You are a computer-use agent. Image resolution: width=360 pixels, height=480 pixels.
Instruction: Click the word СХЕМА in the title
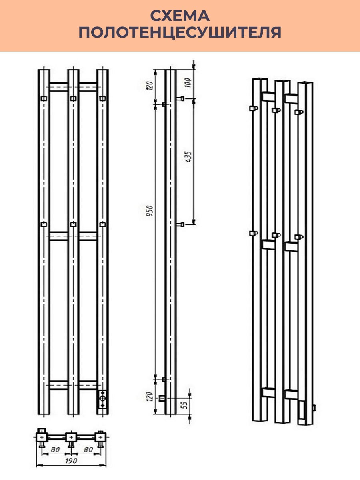180,16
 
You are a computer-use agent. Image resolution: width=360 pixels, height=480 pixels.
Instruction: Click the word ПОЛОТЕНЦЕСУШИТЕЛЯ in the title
180,32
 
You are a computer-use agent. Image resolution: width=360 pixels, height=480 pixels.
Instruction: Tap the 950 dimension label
150,210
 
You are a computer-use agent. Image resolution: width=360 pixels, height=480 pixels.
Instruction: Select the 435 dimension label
188,156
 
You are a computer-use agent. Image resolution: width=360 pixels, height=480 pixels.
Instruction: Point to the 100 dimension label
188,82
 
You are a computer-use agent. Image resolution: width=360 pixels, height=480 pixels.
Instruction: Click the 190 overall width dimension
71,460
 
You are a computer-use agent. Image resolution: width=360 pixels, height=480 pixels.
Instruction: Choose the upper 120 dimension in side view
150,86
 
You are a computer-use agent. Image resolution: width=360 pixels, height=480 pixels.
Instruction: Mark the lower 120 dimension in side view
150,397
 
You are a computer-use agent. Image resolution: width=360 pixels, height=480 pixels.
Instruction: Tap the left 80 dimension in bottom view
55,449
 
